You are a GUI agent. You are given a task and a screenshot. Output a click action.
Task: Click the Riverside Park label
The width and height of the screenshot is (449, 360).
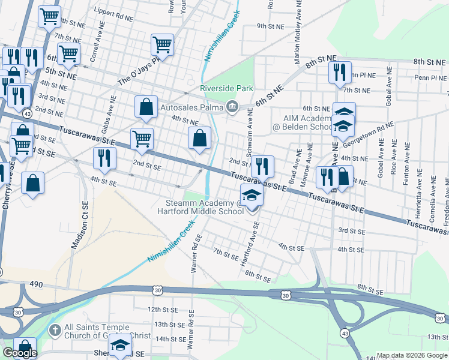point(226,88)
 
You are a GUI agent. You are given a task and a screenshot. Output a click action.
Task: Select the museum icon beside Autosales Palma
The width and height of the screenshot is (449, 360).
point(232,108)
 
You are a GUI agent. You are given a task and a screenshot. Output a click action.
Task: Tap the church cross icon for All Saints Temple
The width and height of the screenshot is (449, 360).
point(54,329)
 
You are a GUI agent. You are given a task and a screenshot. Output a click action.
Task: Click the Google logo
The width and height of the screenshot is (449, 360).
point(19,353)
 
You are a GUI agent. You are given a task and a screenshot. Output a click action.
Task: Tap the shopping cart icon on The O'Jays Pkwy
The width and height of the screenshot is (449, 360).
point(163,44)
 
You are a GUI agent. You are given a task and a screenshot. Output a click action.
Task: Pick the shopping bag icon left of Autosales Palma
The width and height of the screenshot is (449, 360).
point(146,107)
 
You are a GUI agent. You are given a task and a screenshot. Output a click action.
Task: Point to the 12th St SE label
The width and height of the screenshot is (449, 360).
point(163,309)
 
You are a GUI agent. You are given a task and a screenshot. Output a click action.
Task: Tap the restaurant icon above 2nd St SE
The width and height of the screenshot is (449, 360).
point(105,158)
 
